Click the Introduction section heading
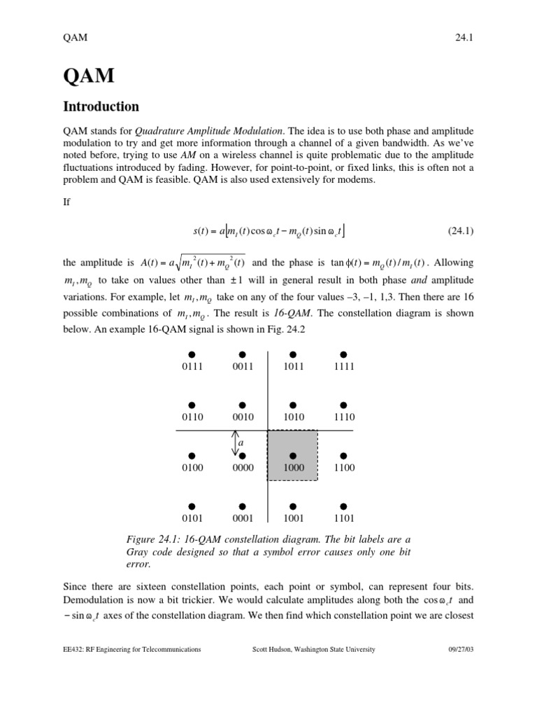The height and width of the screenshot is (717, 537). click(x=101, y=106)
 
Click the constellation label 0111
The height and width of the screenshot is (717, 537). click(x=192, y=366)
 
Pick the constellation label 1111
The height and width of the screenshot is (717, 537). click(x=343, y=366)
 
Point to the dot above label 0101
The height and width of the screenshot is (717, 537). click(x=192, y=506)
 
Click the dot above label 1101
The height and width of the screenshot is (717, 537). click(x=343, y=506)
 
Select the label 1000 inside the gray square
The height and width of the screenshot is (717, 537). click(x=293, y=468)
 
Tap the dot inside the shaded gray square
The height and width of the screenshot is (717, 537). click(x=293, y=456)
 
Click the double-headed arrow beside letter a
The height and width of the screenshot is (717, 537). click(x=235, y=443)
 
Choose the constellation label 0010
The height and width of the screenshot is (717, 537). click(x=242, y=417)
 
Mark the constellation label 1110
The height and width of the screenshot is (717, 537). click(x=343, y=417)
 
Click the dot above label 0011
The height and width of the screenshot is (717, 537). click(x=242, y=354)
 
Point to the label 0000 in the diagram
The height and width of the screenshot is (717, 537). click(x=242, y=468)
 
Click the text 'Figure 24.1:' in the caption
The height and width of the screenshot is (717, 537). click(x=150, y=538)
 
